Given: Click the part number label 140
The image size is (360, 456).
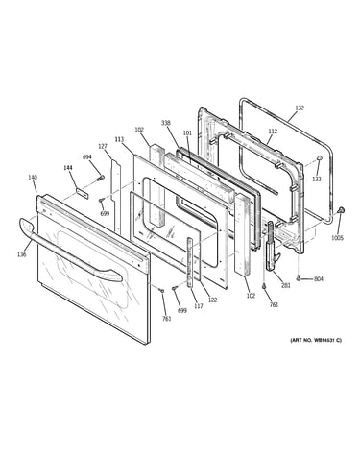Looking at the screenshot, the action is (x=33, y=177).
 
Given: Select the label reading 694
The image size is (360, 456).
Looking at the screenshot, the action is (x=87, y=156).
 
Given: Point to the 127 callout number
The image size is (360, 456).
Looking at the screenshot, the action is (x=103, y=146).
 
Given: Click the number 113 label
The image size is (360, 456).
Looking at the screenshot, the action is (x=119, y=139).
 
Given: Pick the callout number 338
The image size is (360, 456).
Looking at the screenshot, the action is (x=166, y=123).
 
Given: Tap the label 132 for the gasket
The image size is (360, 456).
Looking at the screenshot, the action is (x=300, y=108).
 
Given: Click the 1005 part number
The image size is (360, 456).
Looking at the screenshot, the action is (x=337, y=238).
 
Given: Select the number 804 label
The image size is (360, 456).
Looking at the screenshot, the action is (x=319, y=279).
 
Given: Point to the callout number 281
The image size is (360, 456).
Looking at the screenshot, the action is (x=286, y=285).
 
